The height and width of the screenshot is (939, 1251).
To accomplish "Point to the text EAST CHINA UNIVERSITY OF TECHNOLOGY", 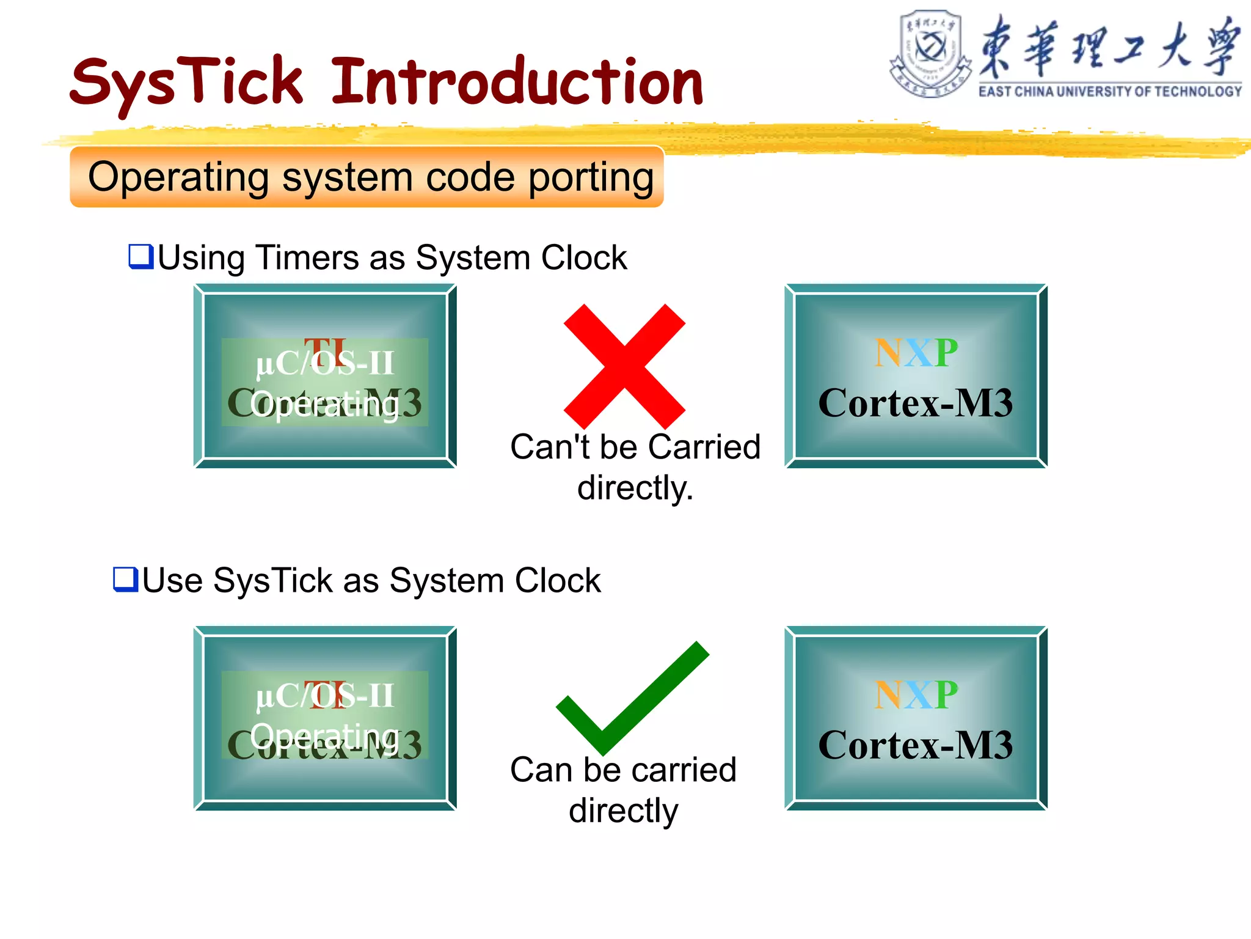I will (1109, 92).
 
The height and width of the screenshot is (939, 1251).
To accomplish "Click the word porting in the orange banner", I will (591, 178).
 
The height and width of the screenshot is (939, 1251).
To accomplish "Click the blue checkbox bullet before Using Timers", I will (140, 256).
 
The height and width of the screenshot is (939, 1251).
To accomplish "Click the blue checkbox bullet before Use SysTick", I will (125, 579).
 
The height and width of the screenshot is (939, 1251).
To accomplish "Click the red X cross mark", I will (624, 366).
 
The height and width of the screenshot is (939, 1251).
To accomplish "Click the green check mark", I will (632, 697).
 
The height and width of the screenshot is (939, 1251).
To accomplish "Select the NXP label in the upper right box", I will (916, 353).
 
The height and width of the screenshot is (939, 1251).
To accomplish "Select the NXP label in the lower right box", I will (916, 695).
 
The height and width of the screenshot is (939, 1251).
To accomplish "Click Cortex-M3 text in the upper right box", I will (916, 403).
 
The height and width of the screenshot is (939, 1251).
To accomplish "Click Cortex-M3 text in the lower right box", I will (916, 745).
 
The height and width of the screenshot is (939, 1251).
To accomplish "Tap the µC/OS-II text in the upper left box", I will (325, 364).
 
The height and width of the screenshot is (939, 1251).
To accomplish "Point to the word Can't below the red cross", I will (550, 447).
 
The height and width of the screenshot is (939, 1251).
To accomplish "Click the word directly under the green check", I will (624, 811).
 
